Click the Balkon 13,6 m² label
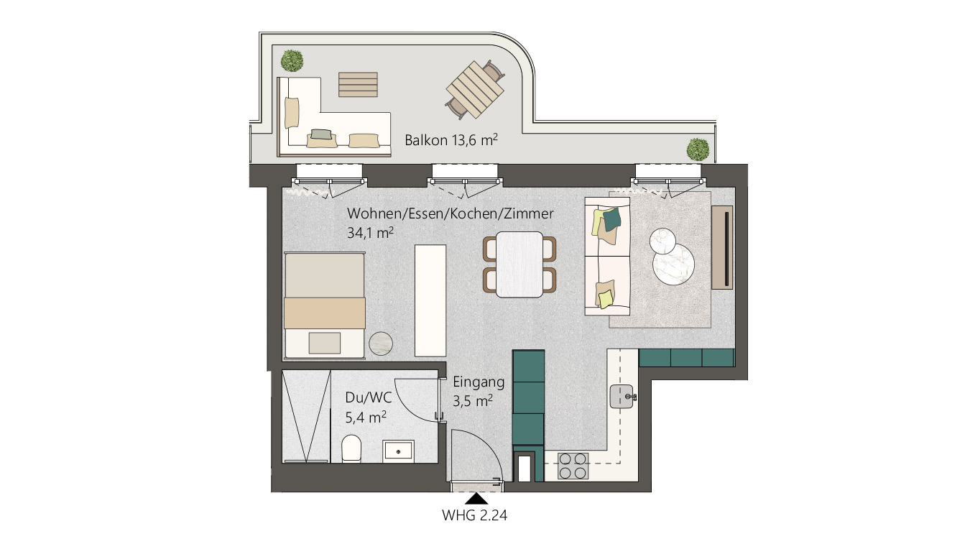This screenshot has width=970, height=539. pyautogui.click(x=451, y=140)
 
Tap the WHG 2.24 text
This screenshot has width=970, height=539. pyautogui.click(x=475, y=515)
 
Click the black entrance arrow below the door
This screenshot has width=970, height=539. pyautogui.click(x=476, y=499)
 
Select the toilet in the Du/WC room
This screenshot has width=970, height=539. pyautogui.click(x=351, y=449)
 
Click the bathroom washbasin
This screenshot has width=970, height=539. pyautogui.click(x=398, y=451)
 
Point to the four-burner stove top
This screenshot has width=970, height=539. pyautogui.click(x=573, y=466)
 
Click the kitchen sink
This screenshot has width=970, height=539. pyautogui.click(x=622, y=397)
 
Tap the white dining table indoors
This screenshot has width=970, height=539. pyautogui.click(x=519, y=264)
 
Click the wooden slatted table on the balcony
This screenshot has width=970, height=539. pyautogui.click(x=475, y=90)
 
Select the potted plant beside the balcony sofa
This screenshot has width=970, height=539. pyautogui.click(x=292, y=60)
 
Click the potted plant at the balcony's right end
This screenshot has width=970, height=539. pyautogui.click(x=698, y=149)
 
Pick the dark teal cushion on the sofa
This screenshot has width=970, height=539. pyautogui.click(x=612, y=219)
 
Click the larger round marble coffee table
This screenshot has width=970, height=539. pyautogui.click(x=673, y=264)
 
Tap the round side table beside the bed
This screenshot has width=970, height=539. pyautogui.click(x=381, y=344)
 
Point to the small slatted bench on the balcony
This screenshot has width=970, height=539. pyautogui.click(x=358, y=85)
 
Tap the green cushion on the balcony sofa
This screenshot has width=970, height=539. pyautogui.click(x=322, y=134)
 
